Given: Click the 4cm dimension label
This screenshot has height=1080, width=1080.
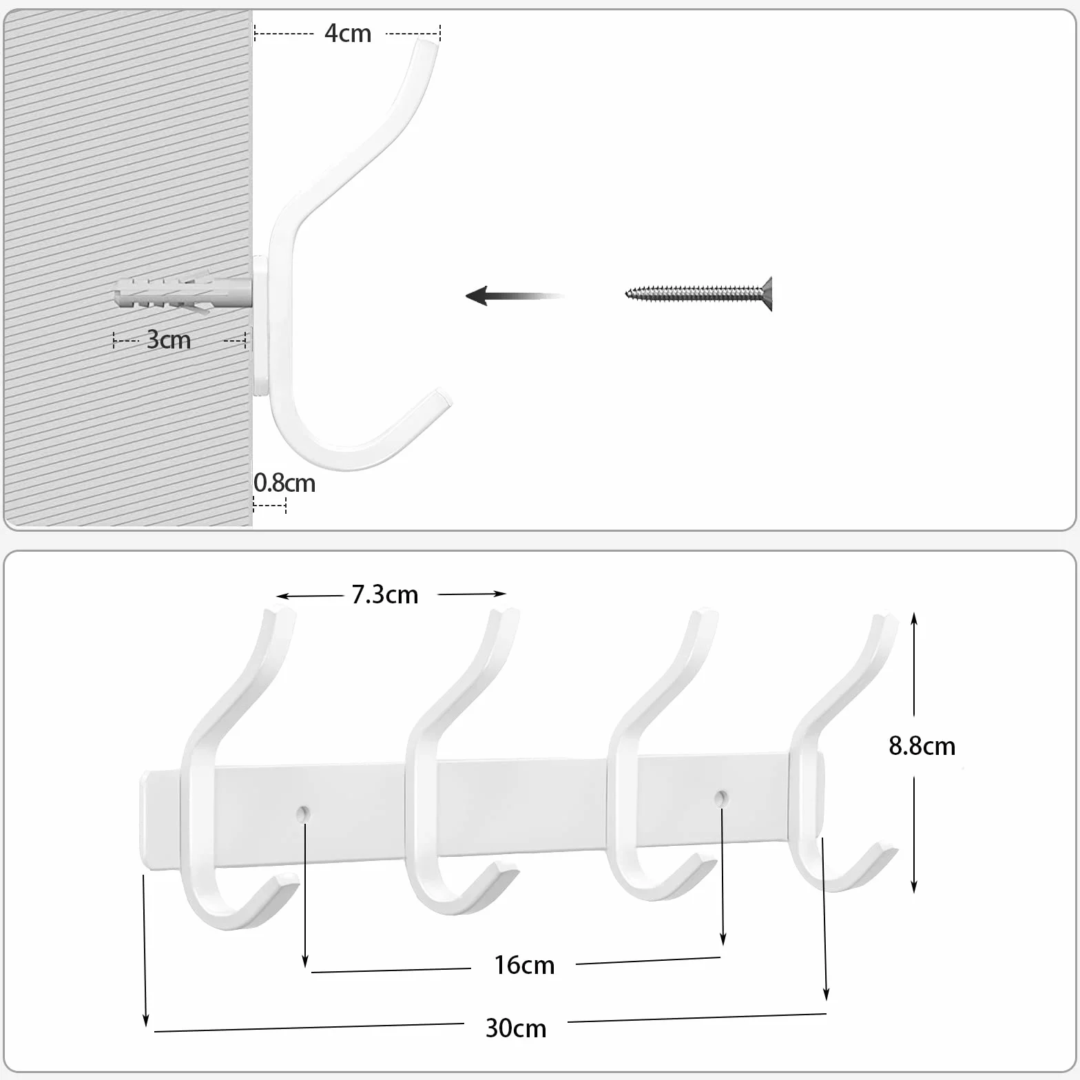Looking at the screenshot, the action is click(348, 33).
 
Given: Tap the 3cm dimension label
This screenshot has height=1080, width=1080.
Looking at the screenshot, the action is click(169, 340).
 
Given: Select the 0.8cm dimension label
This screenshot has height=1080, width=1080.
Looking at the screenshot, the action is click(284, 483).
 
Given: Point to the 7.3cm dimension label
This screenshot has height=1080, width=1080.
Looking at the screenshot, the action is click(385, 594).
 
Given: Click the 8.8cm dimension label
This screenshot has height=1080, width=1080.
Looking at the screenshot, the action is click(922, 746).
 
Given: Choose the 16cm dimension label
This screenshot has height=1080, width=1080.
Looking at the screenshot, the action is click(524, 965).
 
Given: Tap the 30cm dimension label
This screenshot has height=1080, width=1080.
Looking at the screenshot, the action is click(516, 1028).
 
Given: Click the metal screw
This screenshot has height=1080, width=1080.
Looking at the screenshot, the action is click(698, 294).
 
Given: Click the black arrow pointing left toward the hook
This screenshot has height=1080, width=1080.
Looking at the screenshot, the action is click(515, 295).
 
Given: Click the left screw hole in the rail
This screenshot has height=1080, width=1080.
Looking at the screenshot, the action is click(302, 813).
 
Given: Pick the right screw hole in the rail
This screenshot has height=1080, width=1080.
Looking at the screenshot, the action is click(720, 798).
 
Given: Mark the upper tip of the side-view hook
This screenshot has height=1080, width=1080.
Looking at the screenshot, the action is click(428, 43).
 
